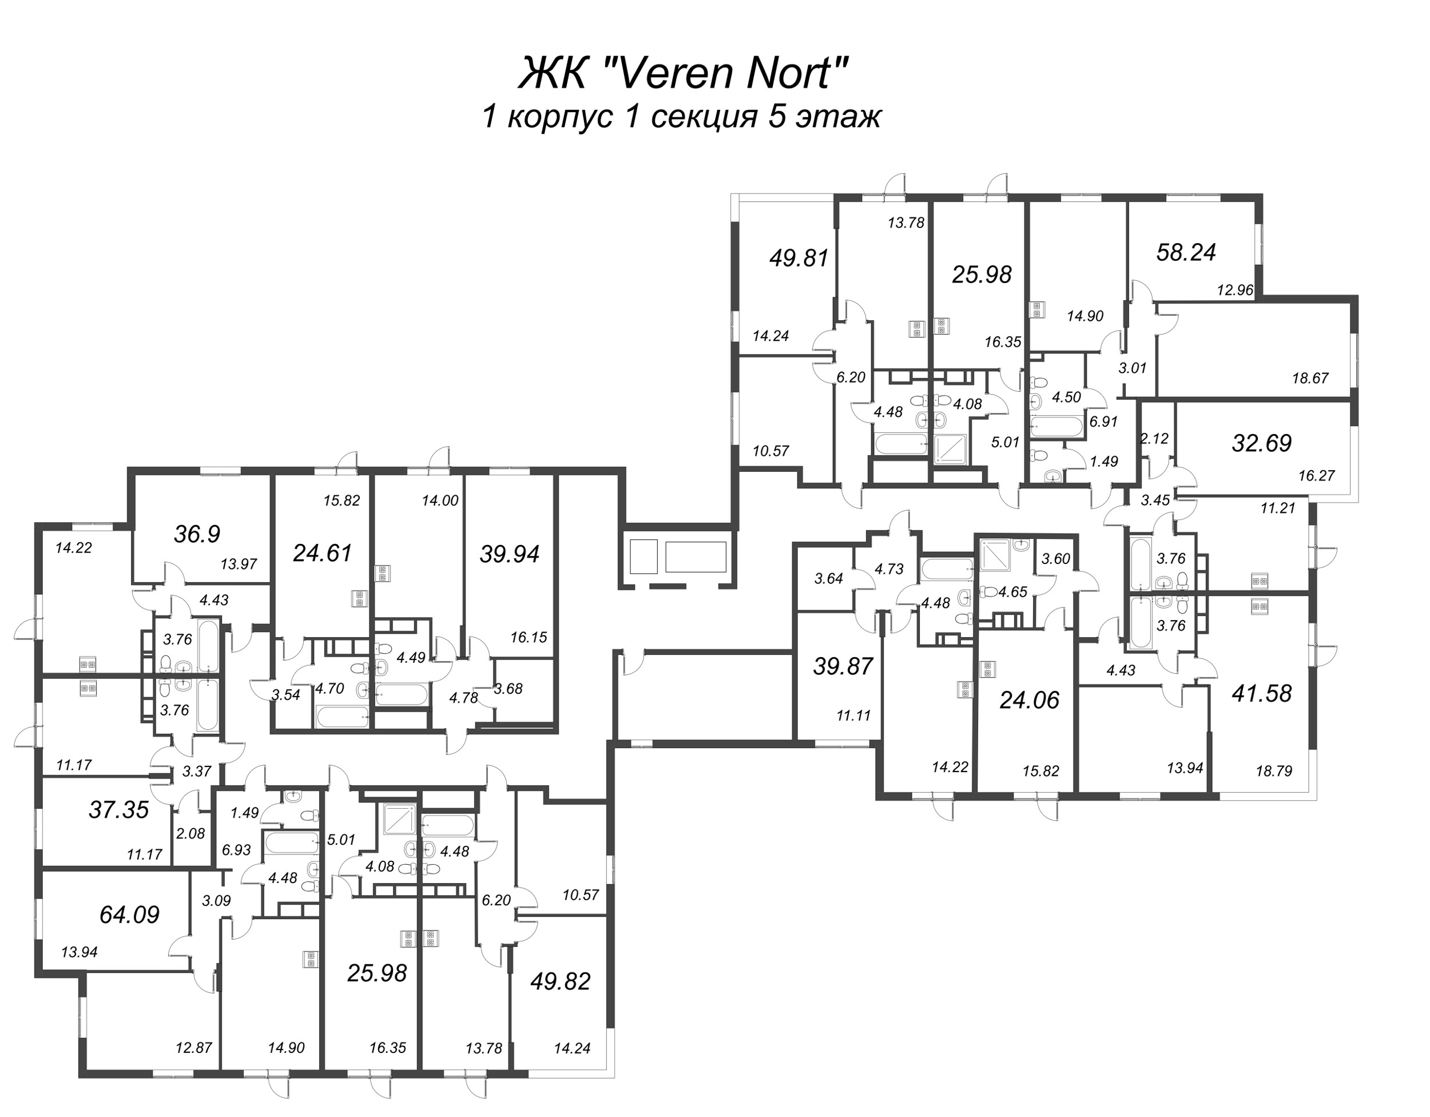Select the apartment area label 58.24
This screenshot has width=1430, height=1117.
[1186, 252]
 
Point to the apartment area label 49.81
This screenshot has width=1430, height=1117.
[799, 258]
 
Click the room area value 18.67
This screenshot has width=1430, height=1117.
[1310, 378]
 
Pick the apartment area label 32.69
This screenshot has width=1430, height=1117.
[1261, 443]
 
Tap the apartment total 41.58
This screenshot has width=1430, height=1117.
[1261, 693]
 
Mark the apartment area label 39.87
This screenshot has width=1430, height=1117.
[843, 666]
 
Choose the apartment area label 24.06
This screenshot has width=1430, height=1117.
[1028, 701]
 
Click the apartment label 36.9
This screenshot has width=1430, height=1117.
[197, 534]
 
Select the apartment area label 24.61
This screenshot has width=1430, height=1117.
[322, 553]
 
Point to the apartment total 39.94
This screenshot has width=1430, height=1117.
[510, 555]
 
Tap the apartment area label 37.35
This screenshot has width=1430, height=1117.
[118, 810]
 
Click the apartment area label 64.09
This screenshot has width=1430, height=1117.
[129, 915]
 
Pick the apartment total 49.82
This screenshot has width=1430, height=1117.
[561, 981]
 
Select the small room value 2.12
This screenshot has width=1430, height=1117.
[1154, 439]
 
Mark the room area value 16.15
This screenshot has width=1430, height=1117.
[529, 637]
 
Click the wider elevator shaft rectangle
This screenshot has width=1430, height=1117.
[696, 557]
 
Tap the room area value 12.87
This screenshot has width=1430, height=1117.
[194, 1048]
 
